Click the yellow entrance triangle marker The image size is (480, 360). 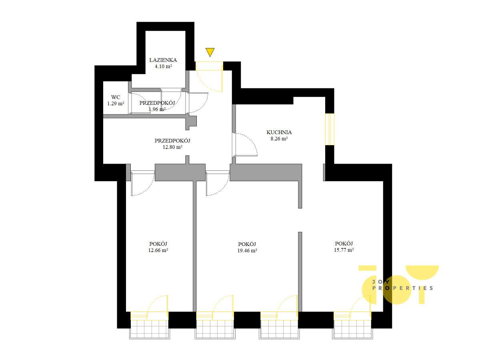210,52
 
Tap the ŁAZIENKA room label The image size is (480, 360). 163,60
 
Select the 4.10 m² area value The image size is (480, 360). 163,66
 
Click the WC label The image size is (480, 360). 116,97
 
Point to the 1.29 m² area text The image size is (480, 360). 116,103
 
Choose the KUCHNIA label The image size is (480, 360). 279,132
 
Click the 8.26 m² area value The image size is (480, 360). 279,138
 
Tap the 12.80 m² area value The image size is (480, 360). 172,147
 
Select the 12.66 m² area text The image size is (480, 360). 158,250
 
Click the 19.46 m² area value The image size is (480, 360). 247,251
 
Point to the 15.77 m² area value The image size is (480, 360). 344,250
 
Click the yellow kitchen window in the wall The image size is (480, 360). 330,129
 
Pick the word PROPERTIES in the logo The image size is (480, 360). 402,288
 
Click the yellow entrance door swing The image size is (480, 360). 209,77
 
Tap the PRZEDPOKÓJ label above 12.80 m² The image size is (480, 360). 172,140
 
